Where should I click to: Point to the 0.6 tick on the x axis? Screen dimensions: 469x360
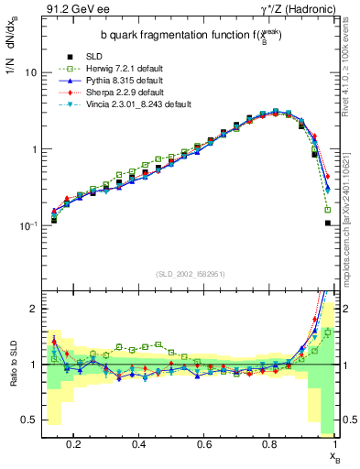[204, 445]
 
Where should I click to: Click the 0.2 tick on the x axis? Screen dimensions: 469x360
[73, 445]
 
